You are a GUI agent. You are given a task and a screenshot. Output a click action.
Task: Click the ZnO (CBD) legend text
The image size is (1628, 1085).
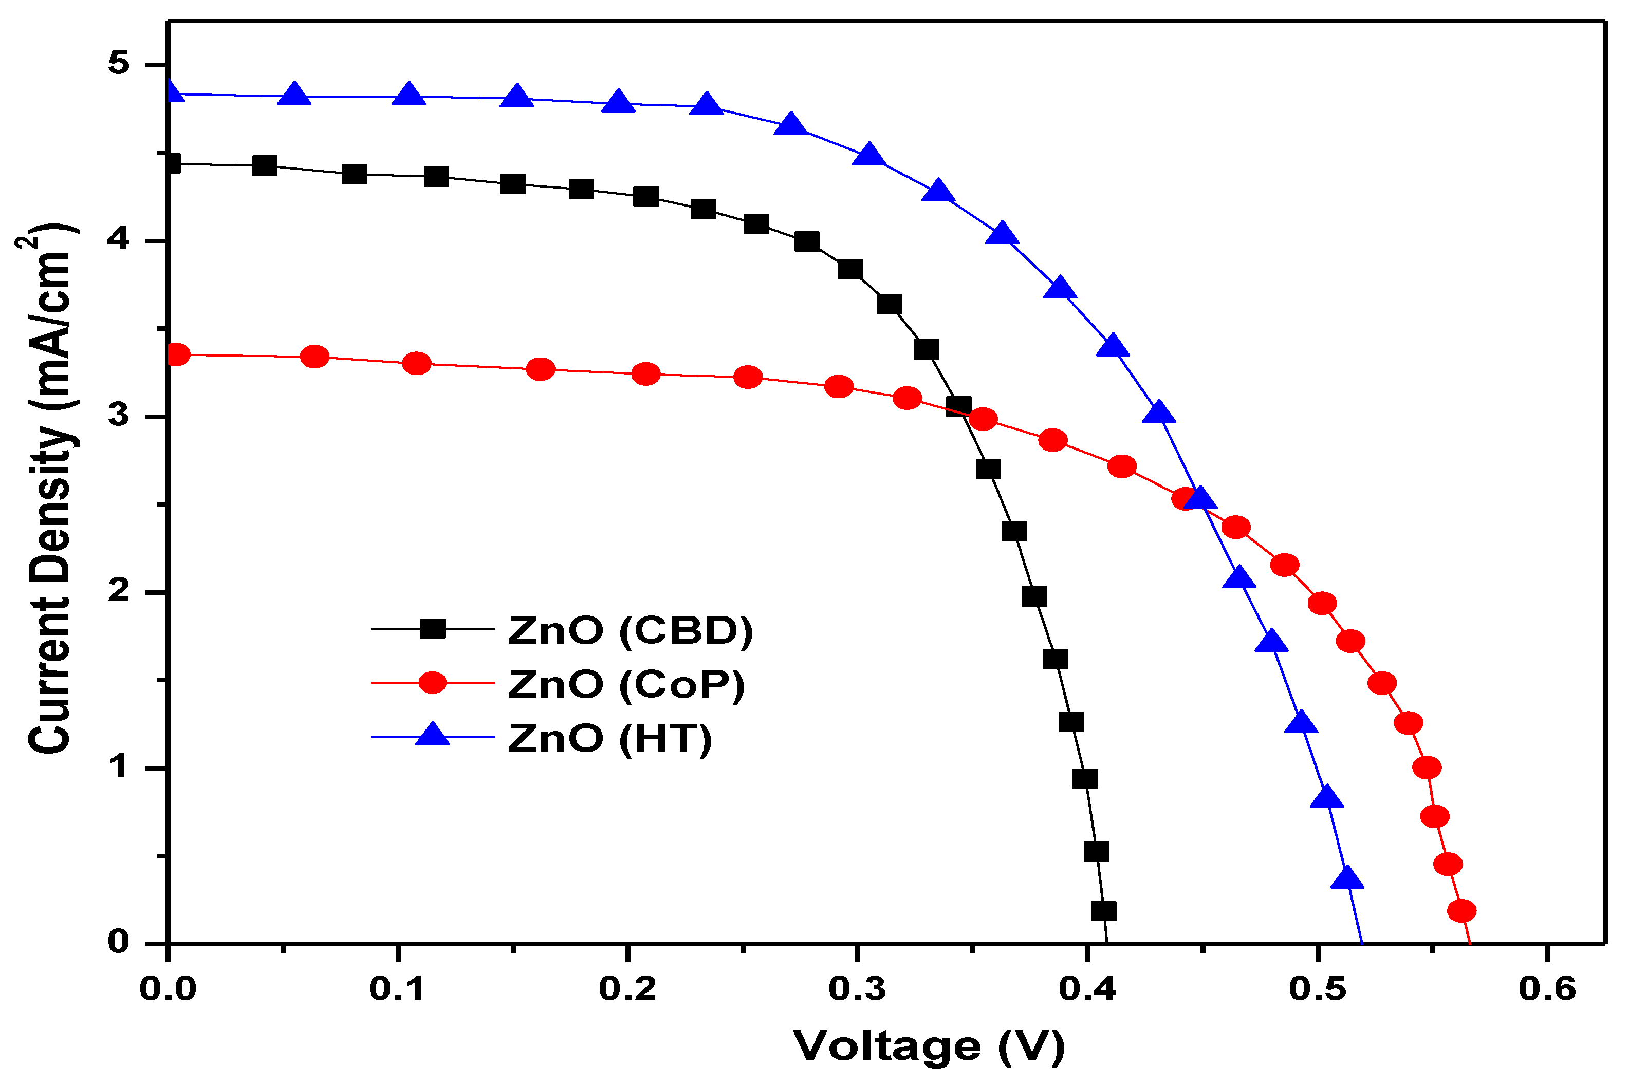630,630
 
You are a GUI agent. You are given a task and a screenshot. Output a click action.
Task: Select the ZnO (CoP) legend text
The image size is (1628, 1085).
626,684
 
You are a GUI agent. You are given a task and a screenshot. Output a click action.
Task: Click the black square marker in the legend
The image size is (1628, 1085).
433,629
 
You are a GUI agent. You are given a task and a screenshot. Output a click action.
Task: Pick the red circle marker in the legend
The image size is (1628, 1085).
433,683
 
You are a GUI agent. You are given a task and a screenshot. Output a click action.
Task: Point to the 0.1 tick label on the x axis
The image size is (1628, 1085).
397,989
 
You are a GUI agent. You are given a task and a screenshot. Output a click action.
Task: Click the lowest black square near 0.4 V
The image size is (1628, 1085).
1103,911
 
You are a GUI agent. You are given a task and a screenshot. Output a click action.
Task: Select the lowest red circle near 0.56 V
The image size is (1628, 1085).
1461,911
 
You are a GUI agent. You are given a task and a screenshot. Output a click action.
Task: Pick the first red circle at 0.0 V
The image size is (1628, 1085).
176,355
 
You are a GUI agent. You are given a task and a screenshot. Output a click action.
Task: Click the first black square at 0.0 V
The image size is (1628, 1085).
172,164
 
